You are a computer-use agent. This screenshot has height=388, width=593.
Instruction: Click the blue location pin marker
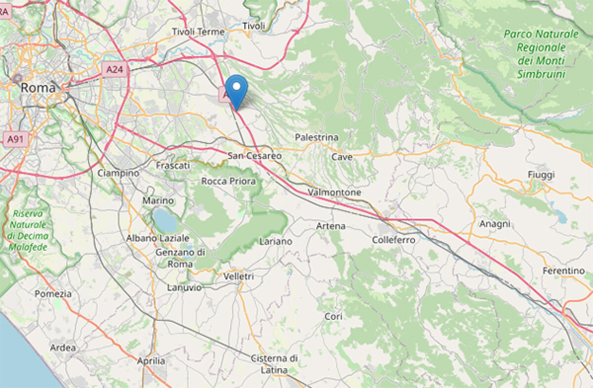[x=237, y=89]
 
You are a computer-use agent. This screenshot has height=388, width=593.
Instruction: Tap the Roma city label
[x=37, y=88]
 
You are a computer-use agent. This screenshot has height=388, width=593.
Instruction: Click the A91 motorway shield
[x=15, y=140]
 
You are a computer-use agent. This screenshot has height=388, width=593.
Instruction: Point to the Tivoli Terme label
[x=198, y=32]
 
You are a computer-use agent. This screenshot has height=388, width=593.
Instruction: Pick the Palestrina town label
[x=316, y=137]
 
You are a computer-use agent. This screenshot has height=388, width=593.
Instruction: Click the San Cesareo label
[x=254, y=156]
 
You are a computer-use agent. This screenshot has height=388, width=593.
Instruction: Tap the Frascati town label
[x=173, y=165]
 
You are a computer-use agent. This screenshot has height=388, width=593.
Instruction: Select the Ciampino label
[x=118, y=173]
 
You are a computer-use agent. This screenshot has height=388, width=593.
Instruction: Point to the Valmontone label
[x=334, y=193]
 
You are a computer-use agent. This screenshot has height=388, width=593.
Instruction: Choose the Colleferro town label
[x=394, y=239]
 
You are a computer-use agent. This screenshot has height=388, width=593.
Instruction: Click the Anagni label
[x=495, y=224]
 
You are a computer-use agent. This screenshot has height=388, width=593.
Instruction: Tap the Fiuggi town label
[x=541, y=175]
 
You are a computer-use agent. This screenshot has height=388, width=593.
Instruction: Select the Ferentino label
[x=563, y=271]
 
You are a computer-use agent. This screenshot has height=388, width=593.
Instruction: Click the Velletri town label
[x=239, y=277]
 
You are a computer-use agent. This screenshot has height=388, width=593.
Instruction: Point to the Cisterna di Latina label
[x=274, y=364]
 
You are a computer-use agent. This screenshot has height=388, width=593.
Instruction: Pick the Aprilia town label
[x=151, y=361]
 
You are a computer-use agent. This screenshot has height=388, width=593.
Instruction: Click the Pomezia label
[x=53, y=294]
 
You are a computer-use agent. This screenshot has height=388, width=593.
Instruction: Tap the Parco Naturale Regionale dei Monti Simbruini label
[x=541, y=54]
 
